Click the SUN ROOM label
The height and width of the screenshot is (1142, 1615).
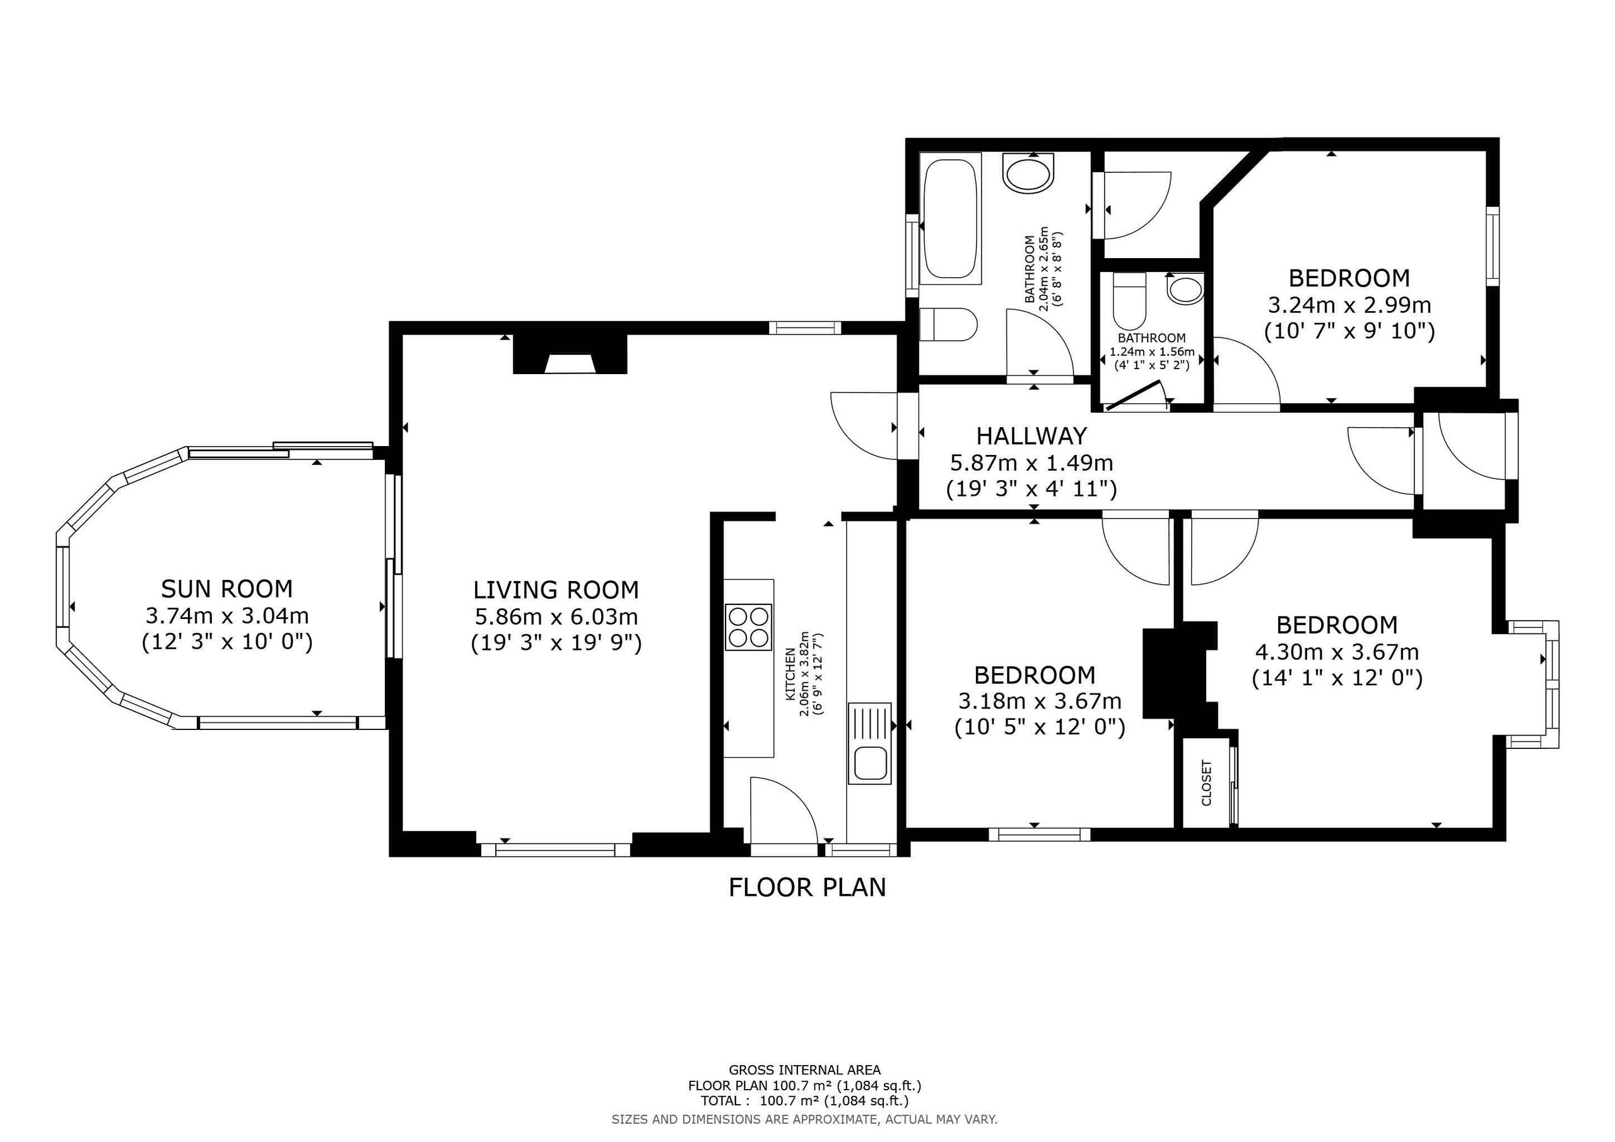pyautogui.click(x=226, y=588)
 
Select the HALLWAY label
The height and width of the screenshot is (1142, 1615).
pyautogui.click(x=1031, y=436)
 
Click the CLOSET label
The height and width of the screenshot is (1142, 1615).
pyautogui.click(x=1206, y=782)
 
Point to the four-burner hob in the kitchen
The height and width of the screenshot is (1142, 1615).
pyautogui.click(x=748, y=627)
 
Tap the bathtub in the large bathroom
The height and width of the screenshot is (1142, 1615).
pyautogui.click(x=949, y=220)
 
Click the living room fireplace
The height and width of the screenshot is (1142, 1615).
pyautogui.click(x=570, y=354)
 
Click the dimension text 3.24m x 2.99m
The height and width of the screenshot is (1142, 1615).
pyautogui.click(x=1349, y=305)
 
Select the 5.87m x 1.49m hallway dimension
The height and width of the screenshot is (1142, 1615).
pyautogui.click(x=1031, y=463)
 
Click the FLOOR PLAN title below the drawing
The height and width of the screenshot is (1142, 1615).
pyautogui.click(x=807, y=887)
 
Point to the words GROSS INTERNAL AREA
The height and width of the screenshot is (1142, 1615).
pyautogui.click(x=805, y=1070)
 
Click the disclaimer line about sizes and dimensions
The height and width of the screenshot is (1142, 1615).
pyautogui.click(x=805, y=1119)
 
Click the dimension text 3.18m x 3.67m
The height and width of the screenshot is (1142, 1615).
pyautogui.click(x=1040, y=701)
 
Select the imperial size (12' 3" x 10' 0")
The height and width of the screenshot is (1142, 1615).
pyautogui.click(x=226, y=642)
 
